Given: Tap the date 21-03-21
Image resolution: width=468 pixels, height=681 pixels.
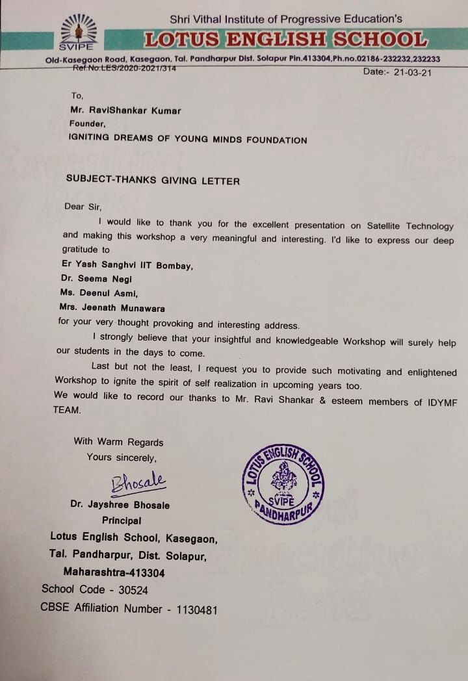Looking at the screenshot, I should tap(412, 71).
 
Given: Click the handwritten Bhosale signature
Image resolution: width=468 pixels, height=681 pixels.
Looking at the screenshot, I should tap(138, 483).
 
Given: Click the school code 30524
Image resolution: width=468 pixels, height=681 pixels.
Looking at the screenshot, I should tap(127, 590).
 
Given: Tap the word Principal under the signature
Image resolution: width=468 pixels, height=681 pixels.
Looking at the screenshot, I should tap(122, 520).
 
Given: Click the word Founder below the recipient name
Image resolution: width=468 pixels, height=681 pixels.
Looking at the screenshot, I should tap(87, 123).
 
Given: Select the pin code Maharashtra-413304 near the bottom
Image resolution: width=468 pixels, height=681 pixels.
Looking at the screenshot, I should tap(114, 572).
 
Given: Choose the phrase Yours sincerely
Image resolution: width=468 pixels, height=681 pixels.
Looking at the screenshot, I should tap(122, 457).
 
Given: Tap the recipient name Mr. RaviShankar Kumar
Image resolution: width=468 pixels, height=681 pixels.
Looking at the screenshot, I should tap(125, 110).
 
